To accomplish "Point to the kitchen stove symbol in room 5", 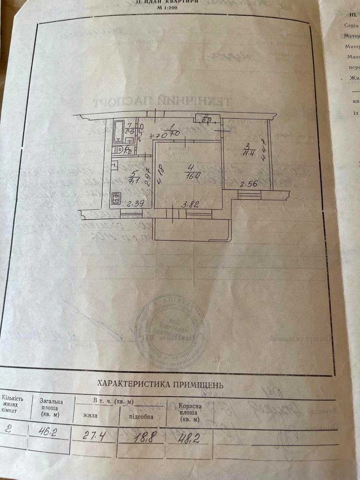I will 116,198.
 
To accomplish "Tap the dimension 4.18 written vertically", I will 160,175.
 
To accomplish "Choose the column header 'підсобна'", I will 141,416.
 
